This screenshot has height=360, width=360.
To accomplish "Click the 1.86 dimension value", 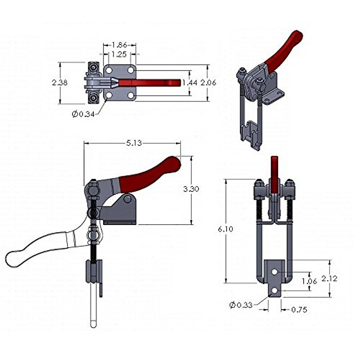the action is [x=119, y=45].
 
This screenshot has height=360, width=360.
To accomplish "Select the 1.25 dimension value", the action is [x=119, y=54].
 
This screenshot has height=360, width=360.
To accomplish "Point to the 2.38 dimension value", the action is [x=60, y=82].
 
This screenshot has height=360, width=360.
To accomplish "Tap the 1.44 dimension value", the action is [x=190, y=82].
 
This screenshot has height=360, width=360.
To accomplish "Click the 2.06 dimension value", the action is [x=208, y=82].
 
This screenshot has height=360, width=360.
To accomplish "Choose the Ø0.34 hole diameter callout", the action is [x=83, y=114].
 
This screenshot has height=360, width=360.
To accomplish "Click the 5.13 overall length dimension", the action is [x=134, y=143].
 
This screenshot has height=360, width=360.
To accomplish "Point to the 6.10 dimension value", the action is [x=226, y=229].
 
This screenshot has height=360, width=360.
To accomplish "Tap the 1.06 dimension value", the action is [x=309, y=281].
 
